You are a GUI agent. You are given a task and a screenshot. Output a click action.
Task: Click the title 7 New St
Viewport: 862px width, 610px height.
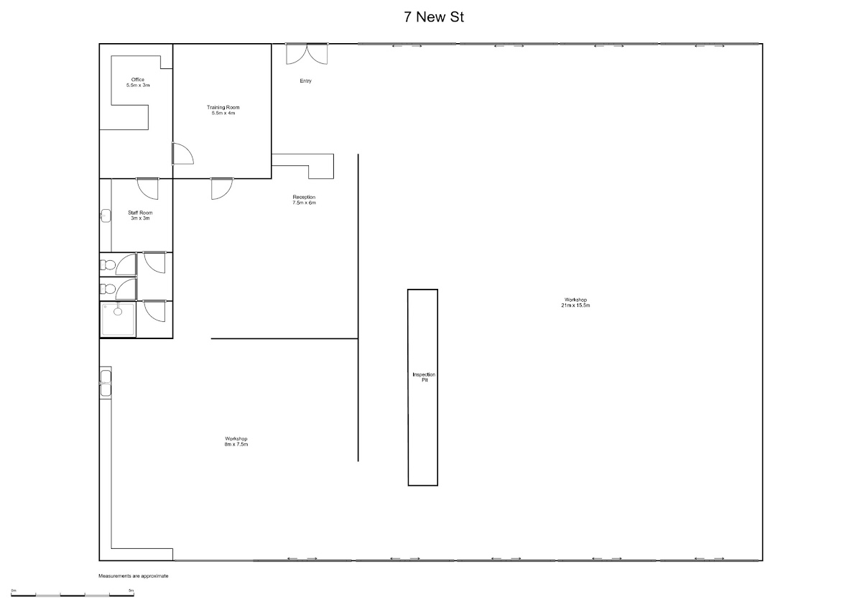point(434,17)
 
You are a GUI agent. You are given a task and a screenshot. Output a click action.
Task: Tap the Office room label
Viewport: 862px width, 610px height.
point(138,83)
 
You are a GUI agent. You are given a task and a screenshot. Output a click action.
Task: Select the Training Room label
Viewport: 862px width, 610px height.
point(223,110)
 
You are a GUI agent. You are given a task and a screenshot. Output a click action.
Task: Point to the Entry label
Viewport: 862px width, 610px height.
point(305,80)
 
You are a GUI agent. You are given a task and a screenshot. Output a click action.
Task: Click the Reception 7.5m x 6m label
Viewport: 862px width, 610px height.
point(304,200)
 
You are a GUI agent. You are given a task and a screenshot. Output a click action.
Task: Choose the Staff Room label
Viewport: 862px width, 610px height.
point(140,215)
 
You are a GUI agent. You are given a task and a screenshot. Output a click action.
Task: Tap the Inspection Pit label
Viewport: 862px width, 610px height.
point(424,377)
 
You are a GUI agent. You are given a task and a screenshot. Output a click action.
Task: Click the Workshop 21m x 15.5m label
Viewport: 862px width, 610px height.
point(575,302)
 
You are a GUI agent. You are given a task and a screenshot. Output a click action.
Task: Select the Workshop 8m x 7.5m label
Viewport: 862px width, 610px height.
point(236,441)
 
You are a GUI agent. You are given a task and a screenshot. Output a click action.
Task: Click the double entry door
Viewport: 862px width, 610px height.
point(307,54)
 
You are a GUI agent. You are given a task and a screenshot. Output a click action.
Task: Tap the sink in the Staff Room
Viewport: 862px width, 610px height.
point(106,216)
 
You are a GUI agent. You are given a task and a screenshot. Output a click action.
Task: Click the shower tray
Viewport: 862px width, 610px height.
point(118,320)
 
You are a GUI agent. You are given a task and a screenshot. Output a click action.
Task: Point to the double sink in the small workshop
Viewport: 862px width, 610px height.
point(106,383)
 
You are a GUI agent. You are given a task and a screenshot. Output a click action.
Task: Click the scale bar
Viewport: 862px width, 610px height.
point(73,595)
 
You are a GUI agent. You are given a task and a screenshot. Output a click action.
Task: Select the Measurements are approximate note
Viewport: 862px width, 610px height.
point(134,576)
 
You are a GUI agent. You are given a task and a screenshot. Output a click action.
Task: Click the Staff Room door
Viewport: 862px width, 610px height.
point(148,188)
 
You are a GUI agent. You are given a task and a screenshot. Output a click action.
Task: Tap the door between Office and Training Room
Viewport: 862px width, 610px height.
point(182,154)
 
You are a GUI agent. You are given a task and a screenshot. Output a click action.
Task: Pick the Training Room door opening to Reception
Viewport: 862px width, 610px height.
point(222,188)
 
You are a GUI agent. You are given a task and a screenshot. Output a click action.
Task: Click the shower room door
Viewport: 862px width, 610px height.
point(154,311)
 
